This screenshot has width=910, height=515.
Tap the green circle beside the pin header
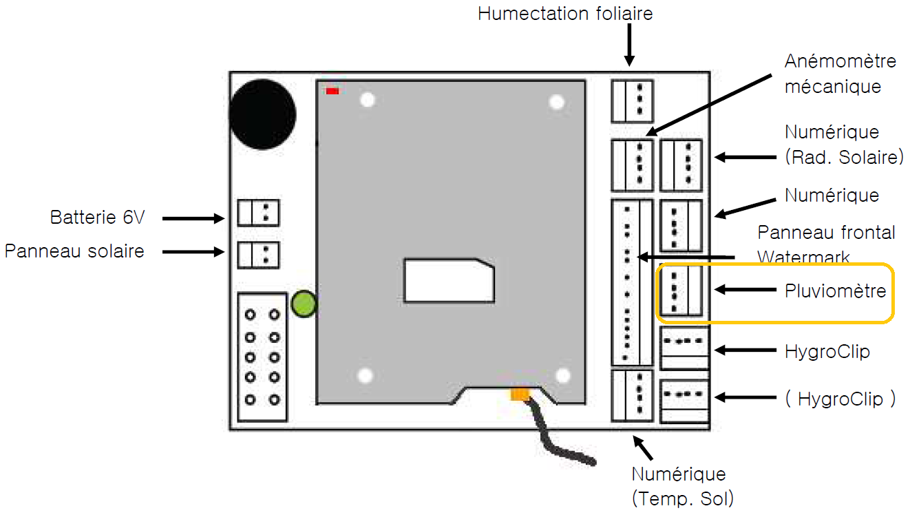point(303,304)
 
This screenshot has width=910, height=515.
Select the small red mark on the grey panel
point(332,91)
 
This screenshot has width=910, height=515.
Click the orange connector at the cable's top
point(518,394)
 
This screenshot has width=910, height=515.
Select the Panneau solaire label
point(74,251)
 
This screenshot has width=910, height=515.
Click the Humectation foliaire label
point(565,13)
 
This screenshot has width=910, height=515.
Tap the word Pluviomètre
point(835,291)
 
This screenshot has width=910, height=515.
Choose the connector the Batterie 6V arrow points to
point(258,212)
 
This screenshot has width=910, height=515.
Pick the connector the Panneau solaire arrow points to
point(258,254)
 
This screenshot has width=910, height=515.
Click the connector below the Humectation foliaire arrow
point(632,101)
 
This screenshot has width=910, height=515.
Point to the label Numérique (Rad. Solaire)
point(843,144)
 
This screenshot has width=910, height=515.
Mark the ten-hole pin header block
point(262,357)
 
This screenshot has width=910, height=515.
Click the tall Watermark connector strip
point(632,283)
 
